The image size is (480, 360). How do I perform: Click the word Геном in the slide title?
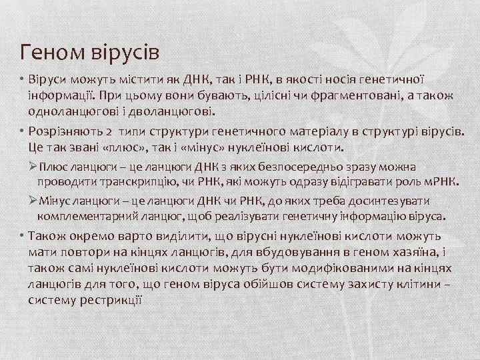pyautogui.click(x=50, y=51)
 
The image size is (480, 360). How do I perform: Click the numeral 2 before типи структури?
pyautogui.click(x=108, y=131)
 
